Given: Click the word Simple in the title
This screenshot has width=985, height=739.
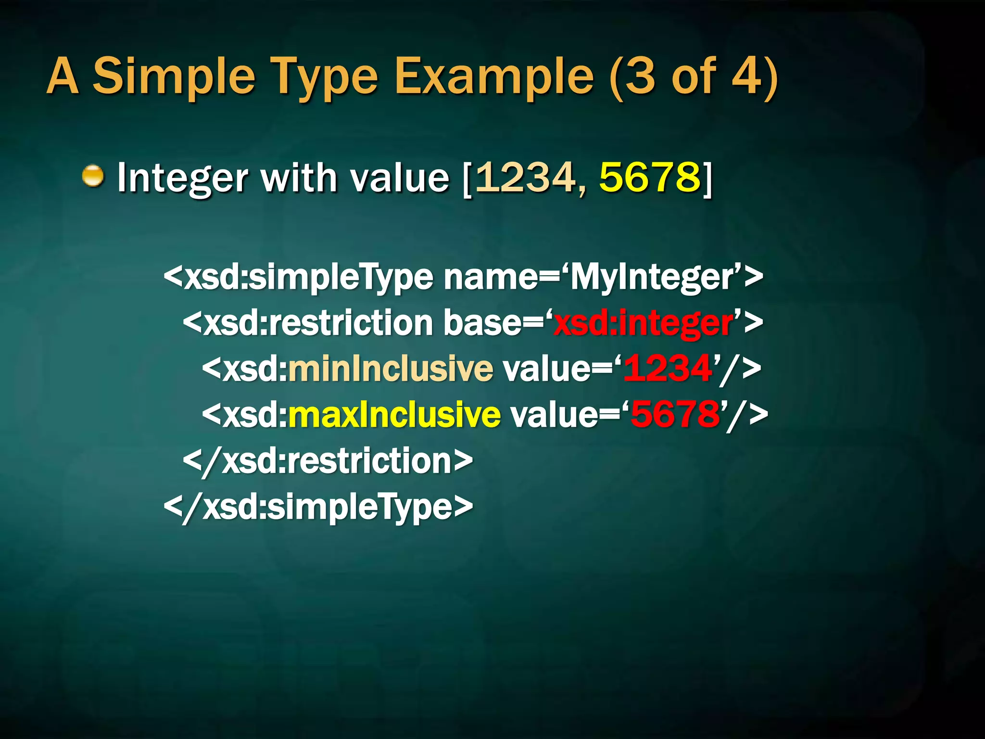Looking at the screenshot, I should coord(173,76).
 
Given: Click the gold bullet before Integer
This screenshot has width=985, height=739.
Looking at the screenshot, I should coord(93,176).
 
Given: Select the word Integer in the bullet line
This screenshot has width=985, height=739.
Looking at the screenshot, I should coord(183,178).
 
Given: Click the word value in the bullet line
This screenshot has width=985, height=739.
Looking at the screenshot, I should coord(399,178).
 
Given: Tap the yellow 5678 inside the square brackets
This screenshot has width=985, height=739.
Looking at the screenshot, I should coord(649,177).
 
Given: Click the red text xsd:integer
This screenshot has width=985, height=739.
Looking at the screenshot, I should coord(644,323).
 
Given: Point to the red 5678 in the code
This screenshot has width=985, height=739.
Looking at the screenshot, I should coord(675,414).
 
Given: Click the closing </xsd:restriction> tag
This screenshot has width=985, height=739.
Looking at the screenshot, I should coord(328,460).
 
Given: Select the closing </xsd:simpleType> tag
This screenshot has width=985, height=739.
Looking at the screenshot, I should coord(318,507).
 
